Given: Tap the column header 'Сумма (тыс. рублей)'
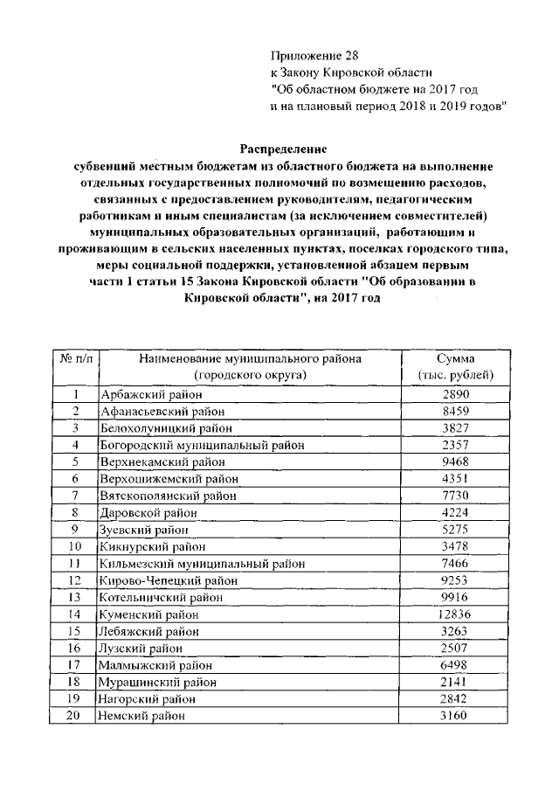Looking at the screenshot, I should pos(454,367).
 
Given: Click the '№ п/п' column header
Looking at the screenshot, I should pos(76,359).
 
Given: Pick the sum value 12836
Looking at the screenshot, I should pos(454,614).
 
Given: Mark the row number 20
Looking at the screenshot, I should pos(76,716).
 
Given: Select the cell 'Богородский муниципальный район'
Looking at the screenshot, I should pos(203,444).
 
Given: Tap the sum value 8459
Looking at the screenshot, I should pos(454,411).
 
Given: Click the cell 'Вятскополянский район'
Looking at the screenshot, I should pos(169,495).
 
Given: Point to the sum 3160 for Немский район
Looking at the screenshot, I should pos(454,716).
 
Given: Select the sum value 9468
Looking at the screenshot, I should pos(454,461).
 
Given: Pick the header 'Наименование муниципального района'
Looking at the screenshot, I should pos(249,359).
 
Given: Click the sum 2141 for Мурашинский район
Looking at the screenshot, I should pos(454,682).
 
